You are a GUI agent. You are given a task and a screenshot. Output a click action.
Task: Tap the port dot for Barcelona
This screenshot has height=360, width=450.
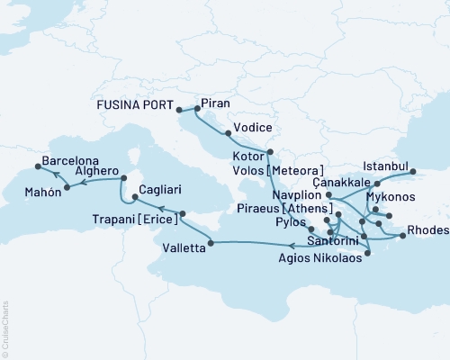[x=36, y=166]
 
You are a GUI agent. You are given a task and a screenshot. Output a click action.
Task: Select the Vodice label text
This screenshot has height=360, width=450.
[x=249, y=128]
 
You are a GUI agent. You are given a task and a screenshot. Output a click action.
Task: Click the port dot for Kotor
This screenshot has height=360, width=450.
[x=269, y=152]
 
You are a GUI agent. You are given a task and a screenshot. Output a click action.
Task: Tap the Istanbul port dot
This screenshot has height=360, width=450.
[x=413, y=170]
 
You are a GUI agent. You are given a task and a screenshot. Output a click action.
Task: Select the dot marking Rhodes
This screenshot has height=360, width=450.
[x=401, y=237]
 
